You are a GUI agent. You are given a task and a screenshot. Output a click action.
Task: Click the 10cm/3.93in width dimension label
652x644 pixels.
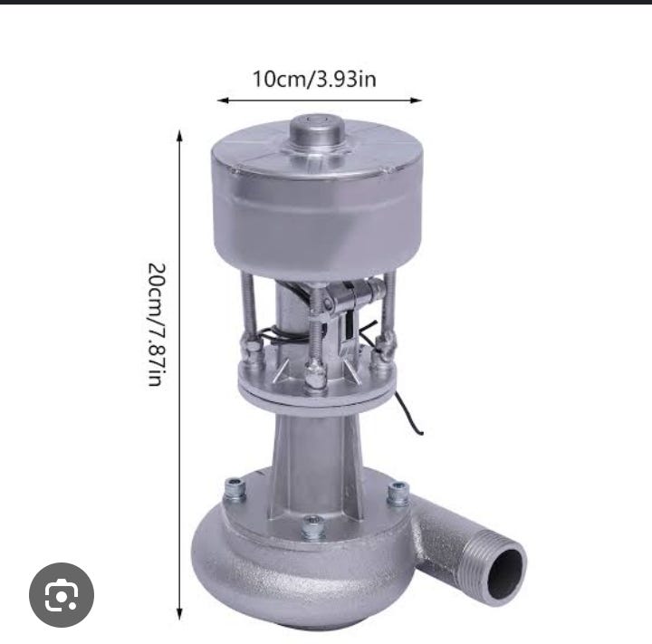pyautogui.click(x=313, y=78)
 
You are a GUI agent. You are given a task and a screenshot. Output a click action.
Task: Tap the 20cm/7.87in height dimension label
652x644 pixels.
pyautogui.click(x=157, y=324)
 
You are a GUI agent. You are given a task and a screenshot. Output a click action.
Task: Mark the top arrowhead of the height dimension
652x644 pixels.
pyautogui.click(x=180, y=135)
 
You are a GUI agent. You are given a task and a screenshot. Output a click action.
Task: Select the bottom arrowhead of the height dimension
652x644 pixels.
pyautogui.click(x=180, y=611)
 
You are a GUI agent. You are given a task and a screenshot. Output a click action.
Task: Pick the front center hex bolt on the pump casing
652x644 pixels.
pyautogui.click(x=313, y=525)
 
